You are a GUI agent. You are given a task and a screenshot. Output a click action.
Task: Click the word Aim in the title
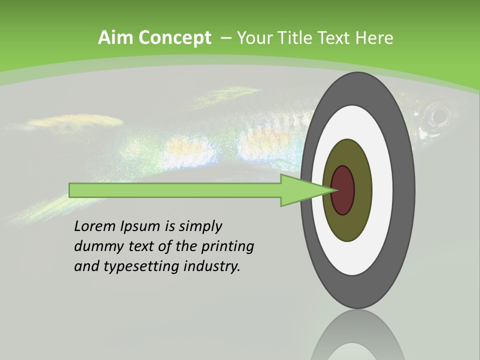pyautogui.click(x=115, y=37)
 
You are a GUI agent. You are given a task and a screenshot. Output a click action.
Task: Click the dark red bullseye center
pyautogui.click(x=343, y=190)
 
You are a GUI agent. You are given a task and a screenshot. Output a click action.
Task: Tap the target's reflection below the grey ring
pyautogui.click(x=358, y=337)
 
